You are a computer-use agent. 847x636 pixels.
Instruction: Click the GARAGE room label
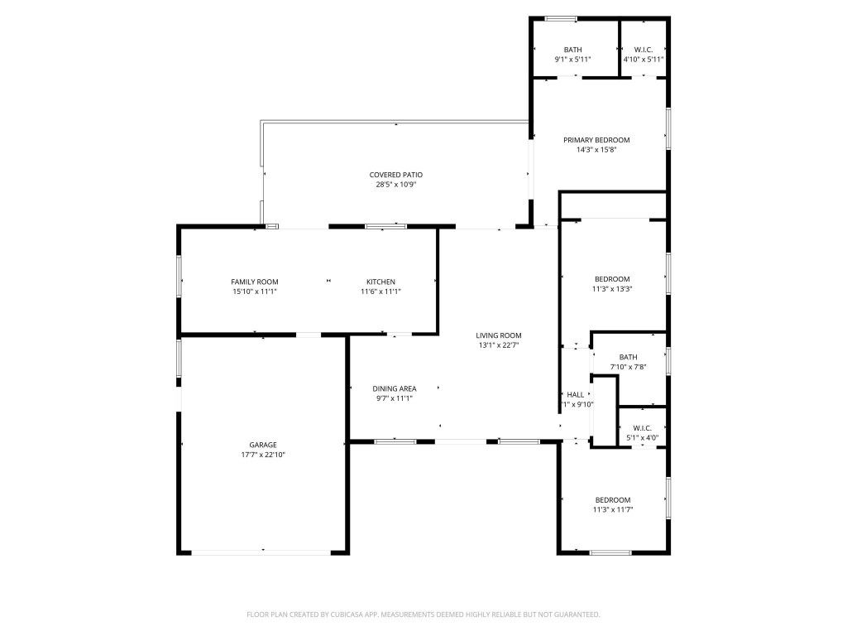[x=263, y=445]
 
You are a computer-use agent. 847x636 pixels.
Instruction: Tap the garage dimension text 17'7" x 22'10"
[x=263, y=455]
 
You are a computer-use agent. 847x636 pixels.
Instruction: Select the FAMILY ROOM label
[x=255, y=282]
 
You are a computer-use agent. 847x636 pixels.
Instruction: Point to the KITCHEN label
[x=380, y=282]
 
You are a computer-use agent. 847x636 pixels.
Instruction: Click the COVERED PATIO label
[x=395, y=175]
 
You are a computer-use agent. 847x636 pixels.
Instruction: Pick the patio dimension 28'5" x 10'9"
[x=395, y=185]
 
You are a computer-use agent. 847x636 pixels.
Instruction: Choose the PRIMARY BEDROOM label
[x=596, y=140]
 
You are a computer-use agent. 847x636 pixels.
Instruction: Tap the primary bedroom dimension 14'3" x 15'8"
[x=596, y=150]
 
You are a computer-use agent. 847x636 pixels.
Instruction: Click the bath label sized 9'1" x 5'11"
[x=572, y=50]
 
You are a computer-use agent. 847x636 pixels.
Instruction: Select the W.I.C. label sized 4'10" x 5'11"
[x=643, y=50]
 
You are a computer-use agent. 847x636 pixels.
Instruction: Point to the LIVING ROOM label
[x=498, y=335]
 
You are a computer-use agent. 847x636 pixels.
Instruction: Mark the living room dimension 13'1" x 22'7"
[x=498, y=345]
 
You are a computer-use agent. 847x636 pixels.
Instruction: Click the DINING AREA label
[x=394, y=388]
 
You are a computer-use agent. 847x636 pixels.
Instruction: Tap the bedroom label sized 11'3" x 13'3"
[x=612, y=279]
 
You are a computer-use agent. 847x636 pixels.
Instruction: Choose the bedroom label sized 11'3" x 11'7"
[x=612, y=499]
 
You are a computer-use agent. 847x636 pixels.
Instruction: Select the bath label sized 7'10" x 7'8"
[x=628, y=357]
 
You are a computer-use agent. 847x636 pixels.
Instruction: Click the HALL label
[x=576, y=394]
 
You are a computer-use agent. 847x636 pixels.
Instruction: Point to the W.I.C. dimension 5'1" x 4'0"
[x=643, y=438]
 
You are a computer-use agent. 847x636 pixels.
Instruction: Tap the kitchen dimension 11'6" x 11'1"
[x=380, y=291]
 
